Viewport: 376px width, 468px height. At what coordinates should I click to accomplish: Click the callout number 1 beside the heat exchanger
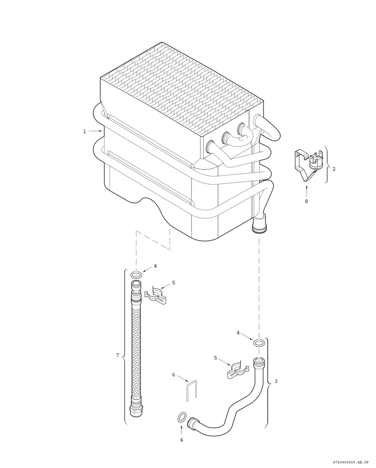point(85,131)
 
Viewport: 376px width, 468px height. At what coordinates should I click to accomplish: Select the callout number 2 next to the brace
point(334,169)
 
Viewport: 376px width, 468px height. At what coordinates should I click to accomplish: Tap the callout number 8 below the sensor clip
point(306,201)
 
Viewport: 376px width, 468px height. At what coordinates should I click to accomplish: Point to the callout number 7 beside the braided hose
point(117,355)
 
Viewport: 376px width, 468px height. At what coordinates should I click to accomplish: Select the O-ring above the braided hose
point(136,275)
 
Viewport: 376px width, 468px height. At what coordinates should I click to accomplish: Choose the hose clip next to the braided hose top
point(156,295)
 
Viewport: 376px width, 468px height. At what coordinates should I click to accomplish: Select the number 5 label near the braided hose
point(173,283)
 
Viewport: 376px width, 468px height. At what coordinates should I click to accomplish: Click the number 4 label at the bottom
point(182,440)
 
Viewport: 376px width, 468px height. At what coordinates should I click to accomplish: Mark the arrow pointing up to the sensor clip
point(306,191)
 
